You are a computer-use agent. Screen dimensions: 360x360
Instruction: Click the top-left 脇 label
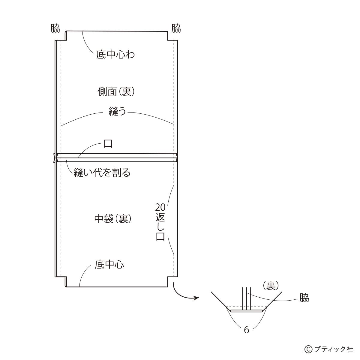pos(55,29)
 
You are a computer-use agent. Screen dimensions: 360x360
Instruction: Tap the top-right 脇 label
pos(176,29)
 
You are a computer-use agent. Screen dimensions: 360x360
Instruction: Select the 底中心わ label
pos(115,55)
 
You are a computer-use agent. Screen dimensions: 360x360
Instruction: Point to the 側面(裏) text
pos(116,91)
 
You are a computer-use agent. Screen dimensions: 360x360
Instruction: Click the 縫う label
pos(117,113)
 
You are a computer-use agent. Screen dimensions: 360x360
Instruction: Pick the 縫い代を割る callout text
pos(102,172)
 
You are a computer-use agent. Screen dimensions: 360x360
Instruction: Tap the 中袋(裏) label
pos(113,219)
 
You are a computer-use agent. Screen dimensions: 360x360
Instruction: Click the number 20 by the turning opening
pos(160,207)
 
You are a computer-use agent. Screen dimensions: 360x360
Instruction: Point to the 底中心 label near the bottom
pos(109,265)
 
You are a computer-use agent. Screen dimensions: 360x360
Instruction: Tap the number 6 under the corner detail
pos(246,330)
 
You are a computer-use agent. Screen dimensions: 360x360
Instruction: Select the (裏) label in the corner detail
pos(271,286)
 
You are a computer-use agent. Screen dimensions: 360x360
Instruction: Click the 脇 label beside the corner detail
pos(304,298)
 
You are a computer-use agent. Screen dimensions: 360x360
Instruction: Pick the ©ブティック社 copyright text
pos(329,349)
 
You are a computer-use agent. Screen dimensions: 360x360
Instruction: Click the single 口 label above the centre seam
pos(108,144)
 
